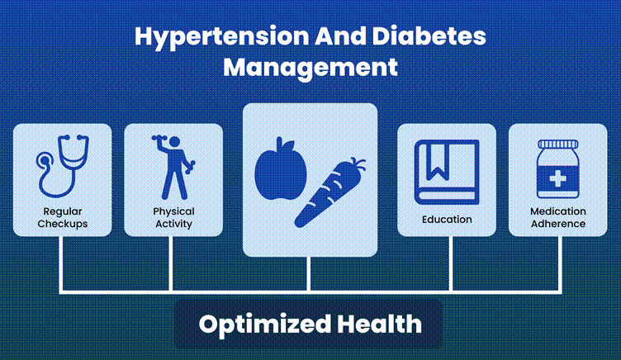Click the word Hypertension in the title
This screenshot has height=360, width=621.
point(222,37)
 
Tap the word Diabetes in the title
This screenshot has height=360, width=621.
point(429,36)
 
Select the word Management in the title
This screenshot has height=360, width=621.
point(310,68)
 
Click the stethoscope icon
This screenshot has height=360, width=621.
point(62,166)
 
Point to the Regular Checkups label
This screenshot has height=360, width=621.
point(63,217)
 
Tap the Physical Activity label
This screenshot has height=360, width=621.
point(173,217)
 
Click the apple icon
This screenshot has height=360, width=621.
point(281,169)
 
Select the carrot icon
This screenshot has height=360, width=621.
point(329,193)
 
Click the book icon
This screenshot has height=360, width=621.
point(447,172)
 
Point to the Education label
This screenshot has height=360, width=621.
point(447,220)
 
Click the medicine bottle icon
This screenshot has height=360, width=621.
point(557,168)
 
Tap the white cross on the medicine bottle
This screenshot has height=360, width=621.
point(557,179)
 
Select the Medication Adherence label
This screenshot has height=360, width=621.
point(558,217)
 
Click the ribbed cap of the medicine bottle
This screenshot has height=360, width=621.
point(557,144)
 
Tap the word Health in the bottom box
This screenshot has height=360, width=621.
point(379,324)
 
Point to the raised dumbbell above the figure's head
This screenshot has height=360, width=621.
point(160,139)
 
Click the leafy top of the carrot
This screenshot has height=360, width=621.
point(358,163)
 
